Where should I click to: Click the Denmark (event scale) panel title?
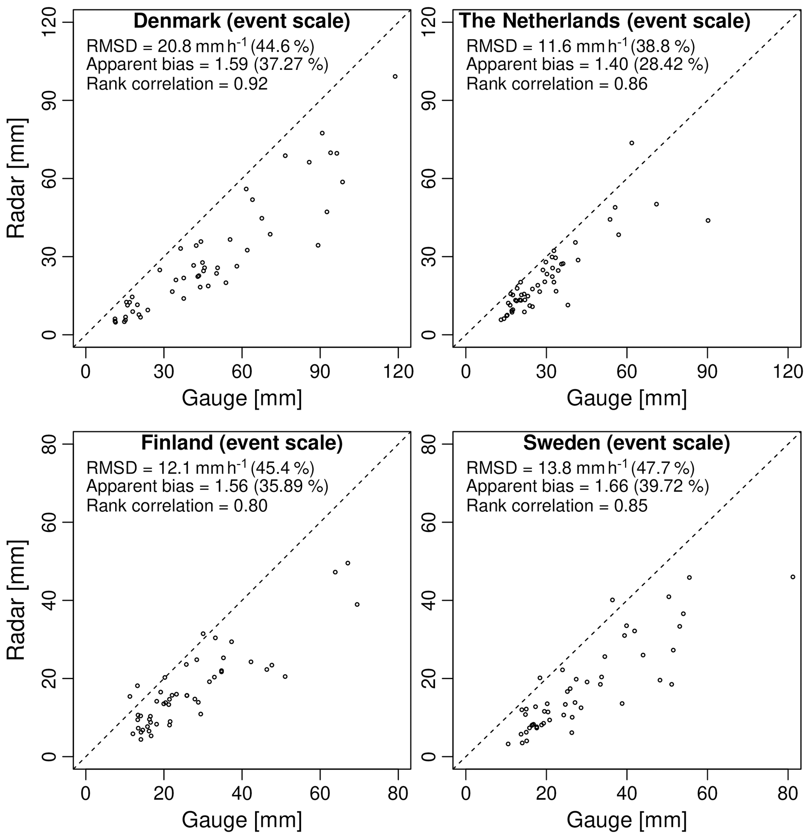[x=242, y=22]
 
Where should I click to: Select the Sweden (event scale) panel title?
[x=626, y=443]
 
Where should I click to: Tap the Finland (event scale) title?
[x=242, y=443]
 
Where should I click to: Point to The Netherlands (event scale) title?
[x=604, y=22]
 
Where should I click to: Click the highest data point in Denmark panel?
[x=395, y=77]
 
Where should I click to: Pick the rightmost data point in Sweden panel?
[x=792, y=577]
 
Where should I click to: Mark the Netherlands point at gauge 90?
[x=708, y=221]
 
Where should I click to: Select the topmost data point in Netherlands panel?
[x=631, y=143]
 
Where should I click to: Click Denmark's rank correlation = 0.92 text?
[x=177, y=83]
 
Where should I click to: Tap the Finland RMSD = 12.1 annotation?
[x=200, y=468]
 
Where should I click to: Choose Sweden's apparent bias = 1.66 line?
[x=587, y=486]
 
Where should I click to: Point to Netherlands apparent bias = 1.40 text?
[x=587, y=64]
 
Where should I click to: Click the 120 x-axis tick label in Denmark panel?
[x=398, y=371]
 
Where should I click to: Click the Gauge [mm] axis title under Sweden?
[x=626, y=820]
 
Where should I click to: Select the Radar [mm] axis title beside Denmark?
[x=17, y=179]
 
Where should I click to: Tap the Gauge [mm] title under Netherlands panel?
[x=626, y=399]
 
